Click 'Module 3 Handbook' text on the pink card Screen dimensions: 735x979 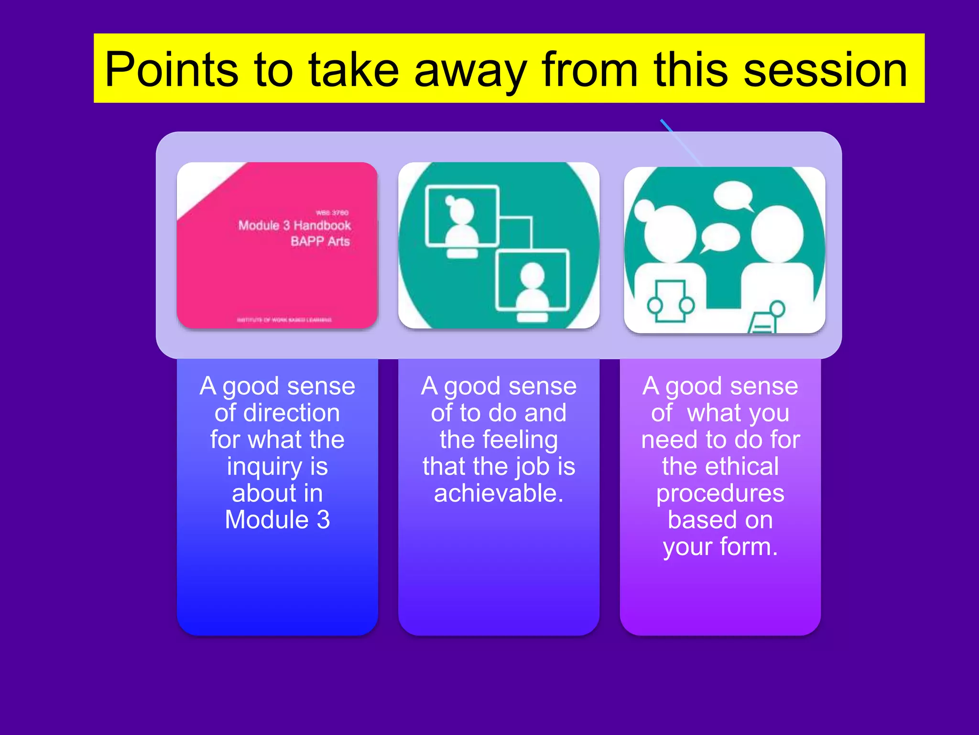click(x=294, y=225)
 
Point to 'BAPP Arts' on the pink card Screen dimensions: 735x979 click(x=320, y=241)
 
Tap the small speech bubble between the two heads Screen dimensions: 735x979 click(x=720, y=237)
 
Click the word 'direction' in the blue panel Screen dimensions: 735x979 click(x=277, y=413)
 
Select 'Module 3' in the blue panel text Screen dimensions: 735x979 click(x=277, y=520)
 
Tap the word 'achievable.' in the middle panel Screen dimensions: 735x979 click(x=499, y=493)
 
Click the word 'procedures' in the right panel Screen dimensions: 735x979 click(x=720, y=493)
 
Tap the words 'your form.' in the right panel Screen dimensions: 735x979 click(x=720, y=547)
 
